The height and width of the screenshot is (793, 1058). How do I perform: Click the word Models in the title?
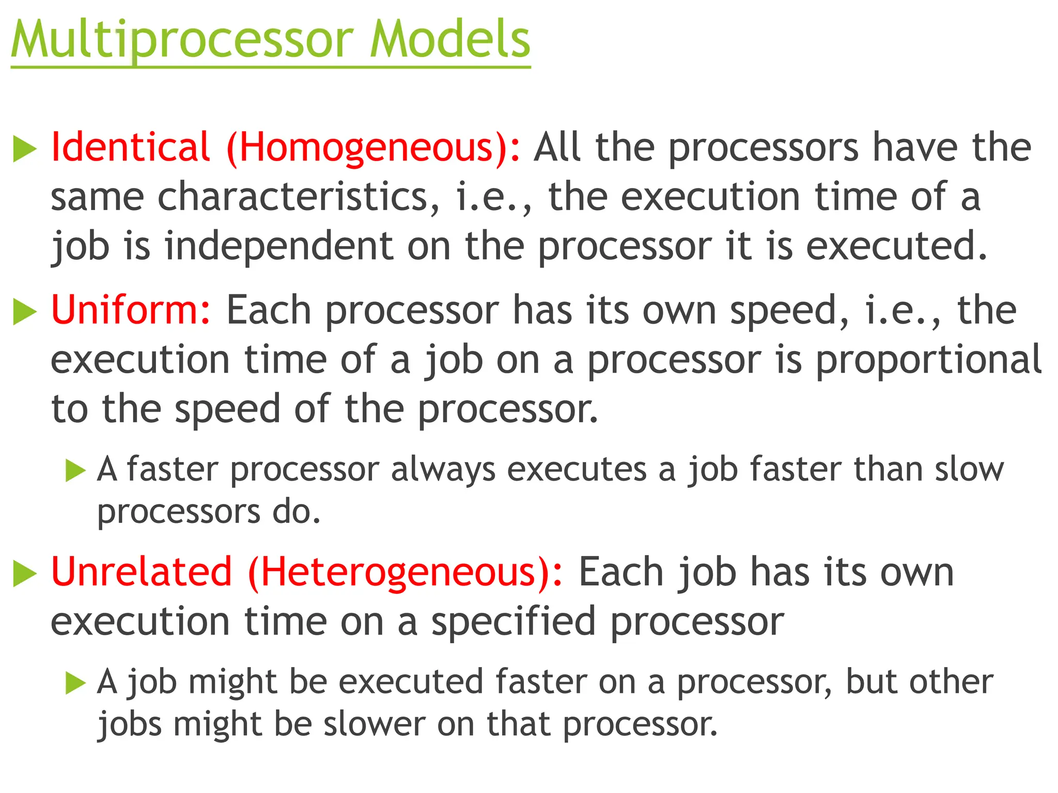coord(450,40)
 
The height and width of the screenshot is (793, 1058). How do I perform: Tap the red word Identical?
coord(131,148)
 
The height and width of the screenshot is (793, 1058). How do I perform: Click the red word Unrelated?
coord(142,572)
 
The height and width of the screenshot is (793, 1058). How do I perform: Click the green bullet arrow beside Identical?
coord(25,149)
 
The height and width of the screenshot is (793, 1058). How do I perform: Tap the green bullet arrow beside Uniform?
coord(25,312)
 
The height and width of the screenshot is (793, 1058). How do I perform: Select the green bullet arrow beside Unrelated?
coord(25,574)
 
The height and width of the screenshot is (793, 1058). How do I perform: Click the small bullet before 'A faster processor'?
coord(75,470)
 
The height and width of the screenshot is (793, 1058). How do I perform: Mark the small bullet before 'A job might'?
coord(75,683)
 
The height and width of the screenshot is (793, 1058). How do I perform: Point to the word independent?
coord(279,246)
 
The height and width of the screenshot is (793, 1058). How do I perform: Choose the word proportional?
coord(928,360)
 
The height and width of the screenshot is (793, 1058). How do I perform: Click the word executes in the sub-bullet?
coord(577,470)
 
